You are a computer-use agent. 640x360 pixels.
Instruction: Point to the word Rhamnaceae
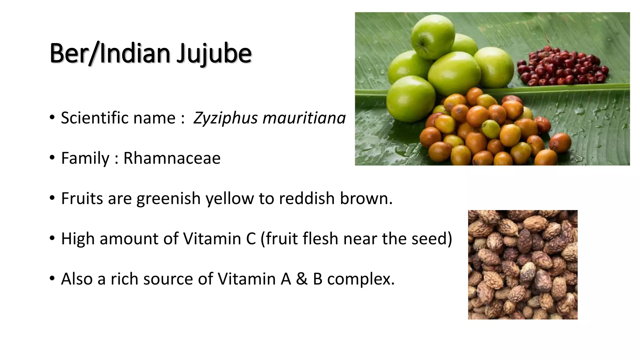(x=172, y=158)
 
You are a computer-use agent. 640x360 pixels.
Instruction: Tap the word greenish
(x=168, y=199)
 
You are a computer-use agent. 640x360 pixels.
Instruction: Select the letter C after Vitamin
(x=251, y=239)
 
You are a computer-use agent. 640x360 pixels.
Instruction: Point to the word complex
(x=361, y=279)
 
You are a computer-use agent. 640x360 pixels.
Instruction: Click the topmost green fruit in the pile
(x=432, y=37)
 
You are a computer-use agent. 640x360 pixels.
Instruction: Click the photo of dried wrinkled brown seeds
(x=522, y=264)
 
